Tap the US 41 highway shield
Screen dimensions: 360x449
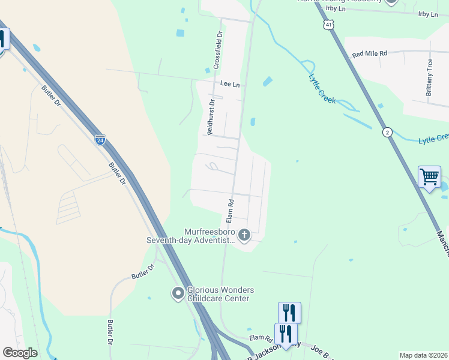[x=327, y=25]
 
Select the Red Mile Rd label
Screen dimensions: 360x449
[x=370, y=54]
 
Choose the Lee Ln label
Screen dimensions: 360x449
[x=230, y=85]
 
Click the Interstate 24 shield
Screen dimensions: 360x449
[x=100, y=140]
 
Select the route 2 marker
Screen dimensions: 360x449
[x=388, y=131]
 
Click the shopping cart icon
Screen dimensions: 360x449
[x=429, y=177]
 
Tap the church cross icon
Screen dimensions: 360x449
[x=244, y=235]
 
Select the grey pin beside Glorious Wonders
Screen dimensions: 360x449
[x=178, y=293]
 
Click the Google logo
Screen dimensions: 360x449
[x=20, y=353]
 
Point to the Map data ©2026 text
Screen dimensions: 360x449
[x=423, y=355]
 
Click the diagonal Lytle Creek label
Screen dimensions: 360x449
[x=322, y=88]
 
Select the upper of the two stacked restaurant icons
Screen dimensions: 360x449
[x=289, y=312]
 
